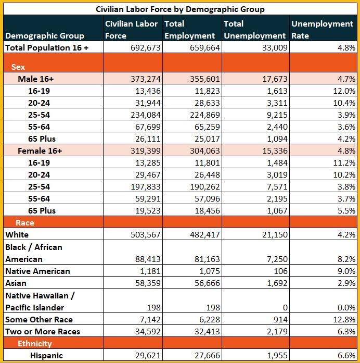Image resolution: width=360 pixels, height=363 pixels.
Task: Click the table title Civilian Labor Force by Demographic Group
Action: click(x=180, y=9)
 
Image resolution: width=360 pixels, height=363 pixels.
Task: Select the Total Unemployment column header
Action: click(x=254, y=30)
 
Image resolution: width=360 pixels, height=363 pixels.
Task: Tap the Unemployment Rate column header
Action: click(x=322, y=30)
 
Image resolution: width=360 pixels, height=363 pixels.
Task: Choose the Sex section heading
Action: click(x=18, y=67)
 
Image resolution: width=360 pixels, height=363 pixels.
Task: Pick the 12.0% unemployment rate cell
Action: click(x=344, y=91)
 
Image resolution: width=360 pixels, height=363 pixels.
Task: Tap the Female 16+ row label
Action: click(x=40, y=151)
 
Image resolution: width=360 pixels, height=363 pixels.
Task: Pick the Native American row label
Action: click(x=37, y=271)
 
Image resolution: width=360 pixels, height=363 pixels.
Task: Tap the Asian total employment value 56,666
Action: click(x=205, y=283)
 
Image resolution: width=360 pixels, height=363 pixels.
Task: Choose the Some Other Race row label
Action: click(x=39, y=319)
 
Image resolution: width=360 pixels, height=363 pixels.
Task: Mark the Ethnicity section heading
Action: click(x=34, y=344)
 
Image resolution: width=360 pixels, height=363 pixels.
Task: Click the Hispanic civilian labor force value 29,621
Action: click(x=146, y=356)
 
